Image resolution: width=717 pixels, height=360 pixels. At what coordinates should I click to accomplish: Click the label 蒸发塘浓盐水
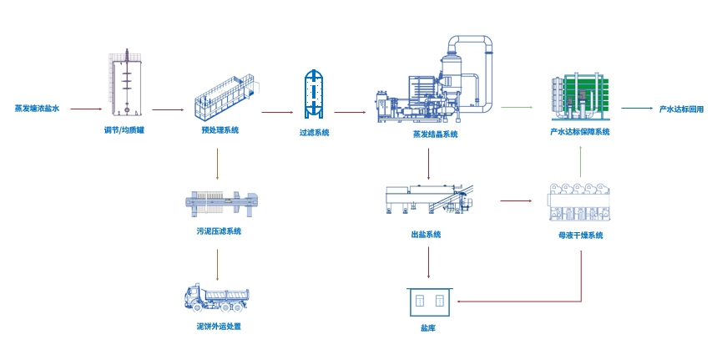click(x=37, y=109)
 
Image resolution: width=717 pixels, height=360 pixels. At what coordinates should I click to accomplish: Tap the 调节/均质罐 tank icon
click(x=126, y=84)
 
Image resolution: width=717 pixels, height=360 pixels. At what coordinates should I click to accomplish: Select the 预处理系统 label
click(x=220, y=130)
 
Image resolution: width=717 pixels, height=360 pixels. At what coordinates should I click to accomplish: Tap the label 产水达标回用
click(x=681, y=109)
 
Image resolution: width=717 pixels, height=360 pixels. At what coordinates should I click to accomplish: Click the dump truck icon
click(x=216, y=297)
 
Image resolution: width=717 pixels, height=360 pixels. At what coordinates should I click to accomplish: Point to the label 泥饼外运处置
click(x=219, y=326)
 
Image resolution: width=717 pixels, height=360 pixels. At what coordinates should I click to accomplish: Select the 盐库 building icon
click(x=427, y=302)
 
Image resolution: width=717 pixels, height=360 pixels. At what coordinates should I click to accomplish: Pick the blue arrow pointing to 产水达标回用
click(x=636, y=108)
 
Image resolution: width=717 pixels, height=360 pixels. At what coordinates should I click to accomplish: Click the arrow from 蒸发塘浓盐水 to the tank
click(x=86, y=109)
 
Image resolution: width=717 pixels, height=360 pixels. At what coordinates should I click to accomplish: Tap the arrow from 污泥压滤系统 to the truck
click(x=217, y=263)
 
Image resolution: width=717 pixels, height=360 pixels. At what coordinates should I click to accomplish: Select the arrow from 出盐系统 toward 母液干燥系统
click(x=515, y=200)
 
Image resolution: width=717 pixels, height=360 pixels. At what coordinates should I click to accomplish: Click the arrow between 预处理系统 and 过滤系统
click(x=277, y=111)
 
